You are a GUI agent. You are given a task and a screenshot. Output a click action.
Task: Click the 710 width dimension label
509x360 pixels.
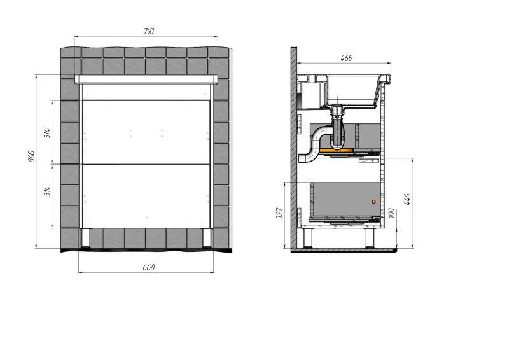tap(149, 31)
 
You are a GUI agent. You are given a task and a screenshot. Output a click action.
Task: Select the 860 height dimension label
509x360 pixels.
tap(31, 156)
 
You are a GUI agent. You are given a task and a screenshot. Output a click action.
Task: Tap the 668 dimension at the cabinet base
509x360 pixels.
tap(149, 267)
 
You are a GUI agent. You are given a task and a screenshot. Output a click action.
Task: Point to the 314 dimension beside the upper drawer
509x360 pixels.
tap(47, 134)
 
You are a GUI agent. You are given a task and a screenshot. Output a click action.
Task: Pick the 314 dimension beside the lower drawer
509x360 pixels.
tap(47, 191)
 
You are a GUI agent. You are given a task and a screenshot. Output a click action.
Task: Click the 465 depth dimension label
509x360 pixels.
tap(346, 58)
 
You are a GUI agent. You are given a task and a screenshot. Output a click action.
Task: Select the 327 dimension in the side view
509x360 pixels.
tap(280, 213)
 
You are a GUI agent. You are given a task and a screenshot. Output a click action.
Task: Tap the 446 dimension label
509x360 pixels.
tap(407, 199)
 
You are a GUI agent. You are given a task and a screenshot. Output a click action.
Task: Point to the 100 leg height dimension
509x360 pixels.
tap(391, 213)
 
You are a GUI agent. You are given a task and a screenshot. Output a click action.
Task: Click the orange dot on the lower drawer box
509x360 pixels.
tap(373, 202)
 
